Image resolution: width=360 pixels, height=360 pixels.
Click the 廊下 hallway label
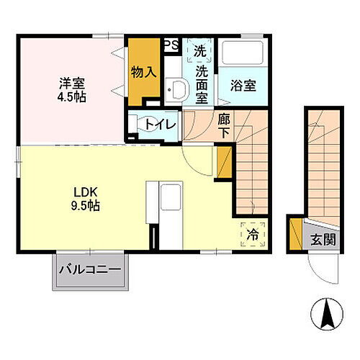(224, 126)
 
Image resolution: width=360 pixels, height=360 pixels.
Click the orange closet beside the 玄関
(295, 233)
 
